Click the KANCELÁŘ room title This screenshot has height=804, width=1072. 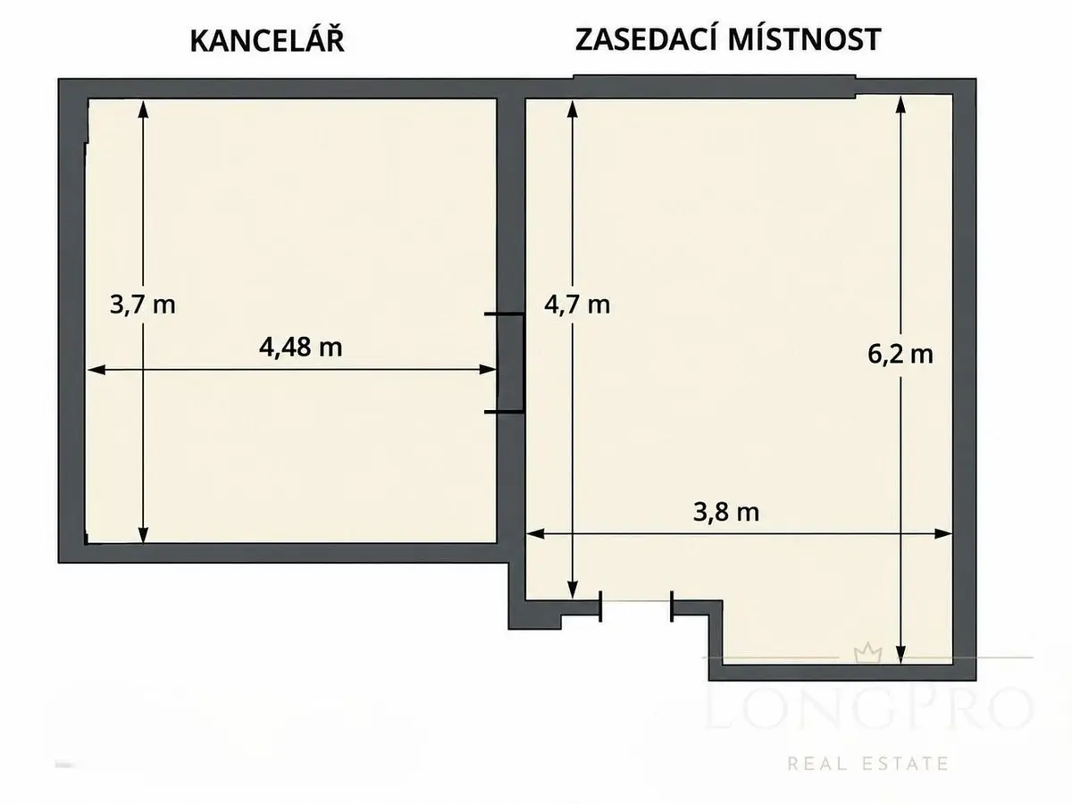click(x=267, y=40)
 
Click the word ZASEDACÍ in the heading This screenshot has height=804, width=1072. click(x=647, y=39)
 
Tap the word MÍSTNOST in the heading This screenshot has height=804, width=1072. click(x=804, y=39)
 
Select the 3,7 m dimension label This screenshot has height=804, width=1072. click(x=142, y=306)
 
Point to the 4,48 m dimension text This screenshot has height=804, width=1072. click(x=300, y=348)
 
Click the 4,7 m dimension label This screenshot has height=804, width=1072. click(x=577, y=306)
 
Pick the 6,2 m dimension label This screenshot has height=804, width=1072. click(x=900, y=354)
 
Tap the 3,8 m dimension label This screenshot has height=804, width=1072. click(x=726, y=512)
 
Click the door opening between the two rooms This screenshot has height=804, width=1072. click(x=511, y=363)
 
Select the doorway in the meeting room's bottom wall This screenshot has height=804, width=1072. click(x=636, y=607)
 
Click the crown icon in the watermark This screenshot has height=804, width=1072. click(x=867, y=654)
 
